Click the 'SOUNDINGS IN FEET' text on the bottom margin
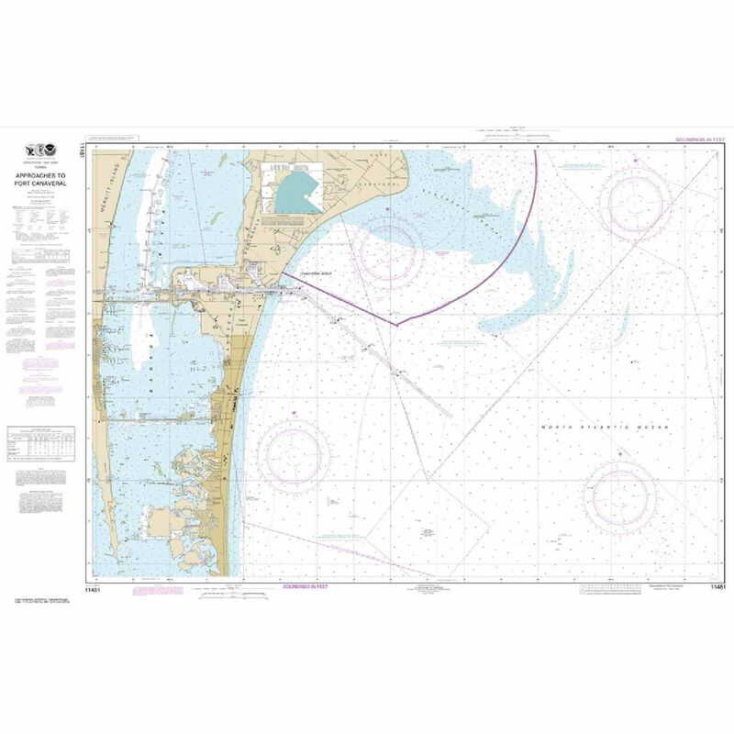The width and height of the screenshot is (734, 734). coord(306,584)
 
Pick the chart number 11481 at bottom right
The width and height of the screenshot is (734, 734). coord(717,585)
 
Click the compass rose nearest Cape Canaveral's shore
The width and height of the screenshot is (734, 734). coord(391,248)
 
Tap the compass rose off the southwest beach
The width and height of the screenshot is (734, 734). coord(294,453)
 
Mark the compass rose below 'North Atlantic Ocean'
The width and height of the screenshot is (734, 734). coord(621,495)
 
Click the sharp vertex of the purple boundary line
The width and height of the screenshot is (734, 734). coord(395,325)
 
